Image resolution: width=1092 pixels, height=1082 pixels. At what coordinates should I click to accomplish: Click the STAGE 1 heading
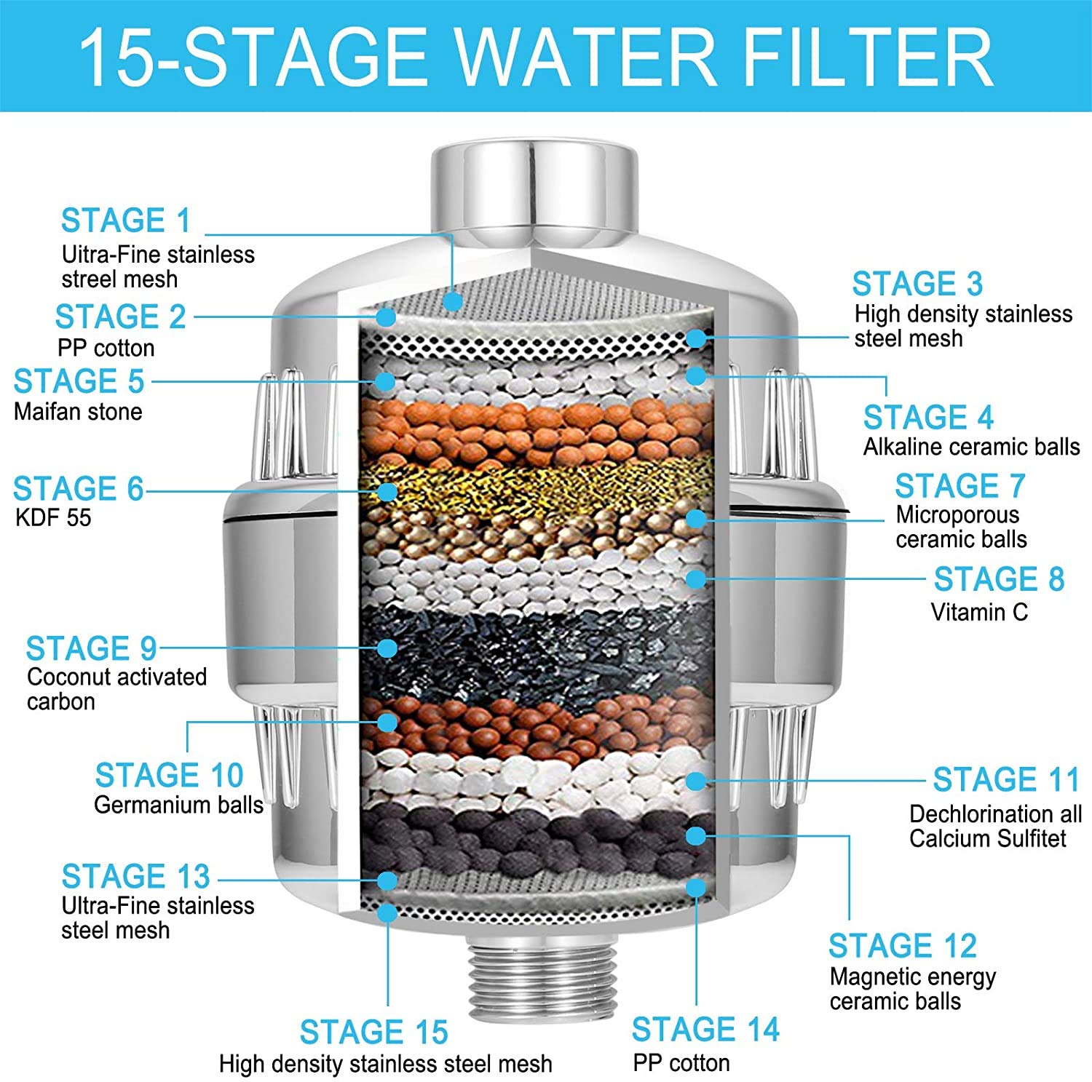125,220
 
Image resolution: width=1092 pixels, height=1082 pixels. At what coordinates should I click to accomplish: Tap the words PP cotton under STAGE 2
106,349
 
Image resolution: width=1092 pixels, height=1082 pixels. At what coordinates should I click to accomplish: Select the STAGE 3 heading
917,284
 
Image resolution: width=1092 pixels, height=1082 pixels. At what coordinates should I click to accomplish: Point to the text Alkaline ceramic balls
972,447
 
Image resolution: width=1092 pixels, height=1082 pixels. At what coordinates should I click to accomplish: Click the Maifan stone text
78,412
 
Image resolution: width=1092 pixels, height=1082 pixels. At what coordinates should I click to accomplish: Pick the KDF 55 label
53,518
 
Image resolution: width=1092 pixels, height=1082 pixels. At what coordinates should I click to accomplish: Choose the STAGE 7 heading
960,485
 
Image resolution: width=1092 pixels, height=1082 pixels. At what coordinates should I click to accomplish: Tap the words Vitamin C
979,612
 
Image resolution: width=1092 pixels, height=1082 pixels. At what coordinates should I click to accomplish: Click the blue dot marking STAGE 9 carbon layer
387,648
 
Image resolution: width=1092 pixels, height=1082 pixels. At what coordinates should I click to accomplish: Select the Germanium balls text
178,805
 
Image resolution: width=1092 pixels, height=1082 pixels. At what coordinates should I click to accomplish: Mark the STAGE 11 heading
1006,779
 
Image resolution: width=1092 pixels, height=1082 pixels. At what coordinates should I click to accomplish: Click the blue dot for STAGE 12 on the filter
696,835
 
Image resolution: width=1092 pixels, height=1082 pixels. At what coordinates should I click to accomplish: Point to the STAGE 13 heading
135,877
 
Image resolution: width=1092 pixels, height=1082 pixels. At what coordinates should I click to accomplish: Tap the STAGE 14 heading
705,1030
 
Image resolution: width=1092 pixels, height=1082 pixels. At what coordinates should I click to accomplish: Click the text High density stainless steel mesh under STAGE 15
386,1065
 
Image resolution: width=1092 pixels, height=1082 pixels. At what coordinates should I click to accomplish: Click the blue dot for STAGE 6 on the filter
387,491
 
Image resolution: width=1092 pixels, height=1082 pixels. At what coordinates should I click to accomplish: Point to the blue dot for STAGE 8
696,578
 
